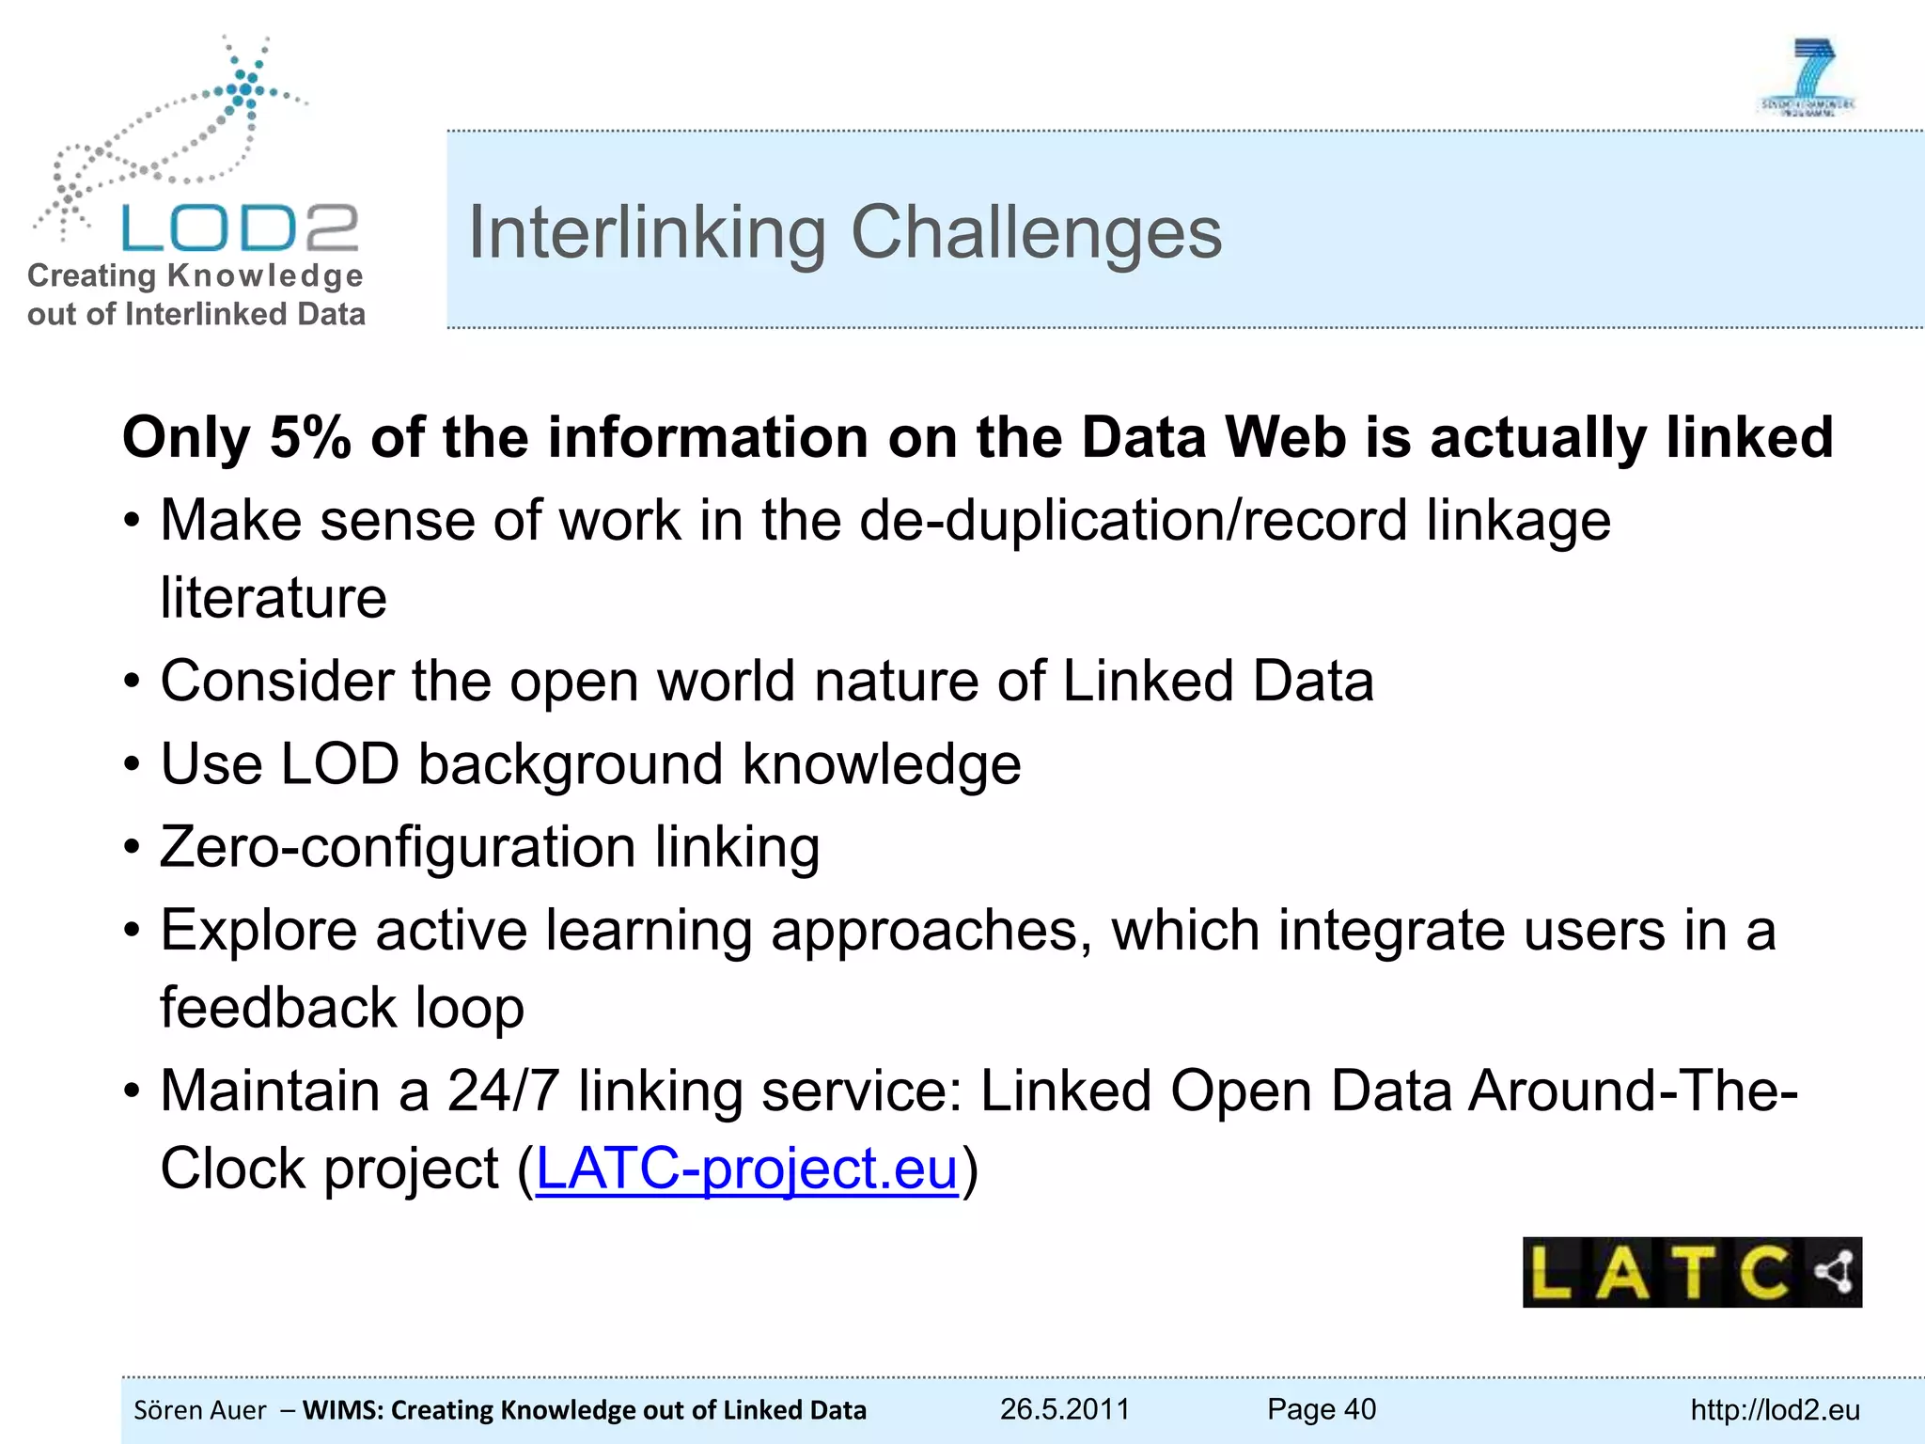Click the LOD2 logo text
tap(240, 228)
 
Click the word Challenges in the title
tap(1036, 233)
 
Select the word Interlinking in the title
tap(648, 233)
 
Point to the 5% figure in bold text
tap(310, 437)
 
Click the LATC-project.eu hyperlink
tap(746, 1169)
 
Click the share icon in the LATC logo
tap(1834, 1272)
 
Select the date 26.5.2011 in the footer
tap(1064, 1409)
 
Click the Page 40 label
tap(1321, 1409)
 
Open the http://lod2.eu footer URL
tap(1775, 1410)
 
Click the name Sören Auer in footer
tap(200, 1410)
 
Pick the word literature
tap(274, 599)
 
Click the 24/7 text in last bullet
tap(504, 1091)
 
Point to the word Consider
tap(277, 681)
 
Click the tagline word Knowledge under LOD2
tap(265, 275)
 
